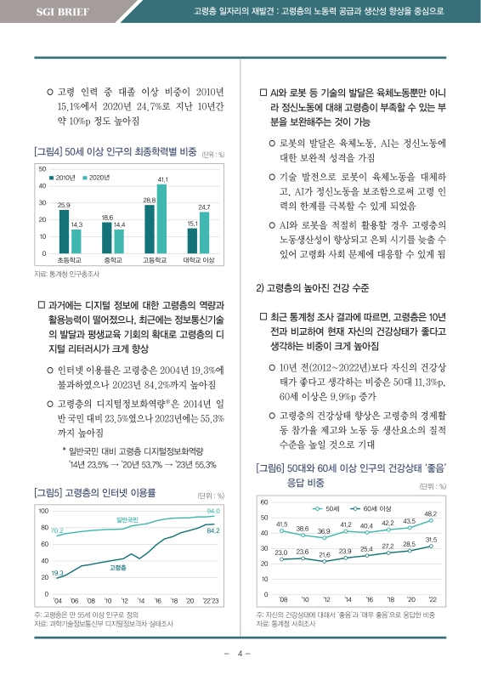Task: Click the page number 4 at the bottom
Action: [240, 654]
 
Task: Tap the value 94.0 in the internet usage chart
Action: [213, 511]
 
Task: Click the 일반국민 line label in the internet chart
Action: [127, 519]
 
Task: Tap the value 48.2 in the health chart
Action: [430, 514]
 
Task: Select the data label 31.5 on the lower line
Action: [431, 540]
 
